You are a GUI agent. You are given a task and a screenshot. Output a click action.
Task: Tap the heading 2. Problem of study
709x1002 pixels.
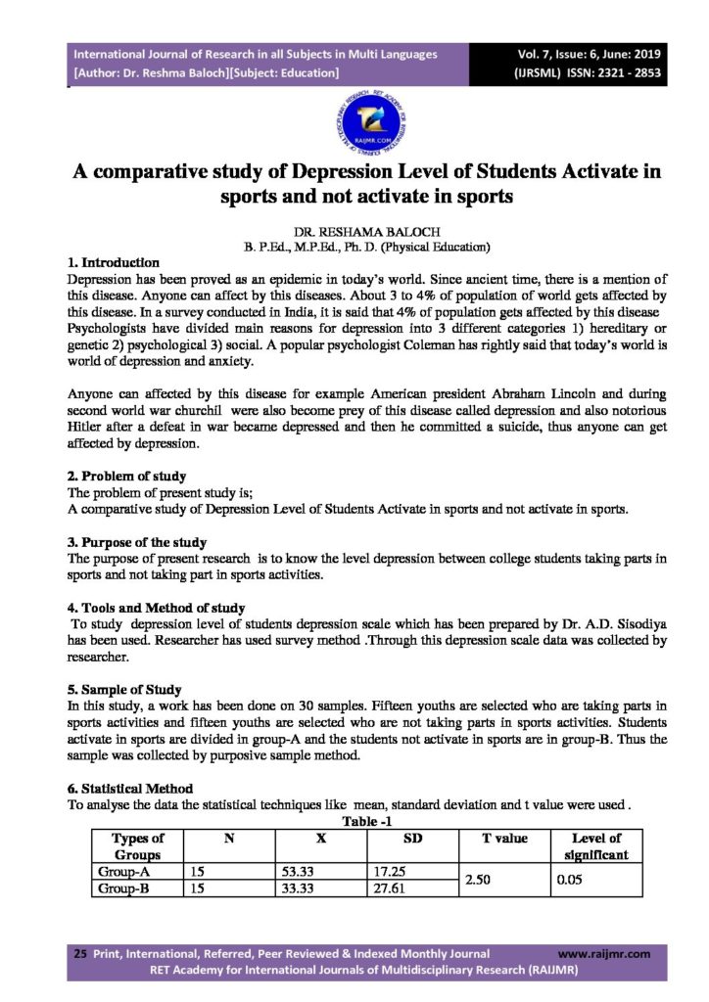point(127,477)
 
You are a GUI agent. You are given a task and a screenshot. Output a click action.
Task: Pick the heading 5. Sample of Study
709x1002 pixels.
point(124,689)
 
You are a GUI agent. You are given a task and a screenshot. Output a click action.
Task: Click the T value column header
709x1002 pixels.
point(504,839)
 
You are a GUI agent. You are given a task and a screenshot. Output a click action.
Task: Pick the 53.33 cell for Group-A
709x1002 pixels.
point(295,870)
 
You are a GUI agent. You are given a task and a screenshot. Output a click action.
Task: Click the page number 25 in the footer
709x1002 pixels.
point(80,953)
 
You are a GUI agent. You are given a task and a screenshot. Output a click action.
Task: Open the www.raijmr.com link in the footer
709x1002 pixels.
point(603,953)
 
